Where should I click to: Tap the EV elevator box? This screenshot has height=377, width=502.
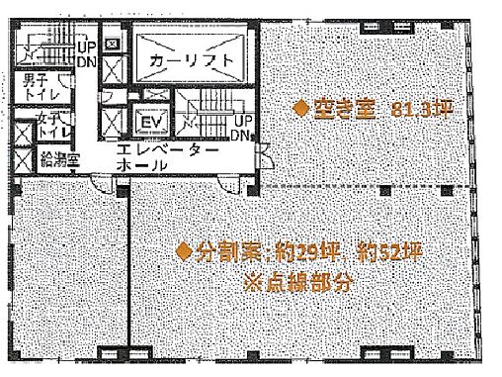pyautogui.click(x=151, y=123)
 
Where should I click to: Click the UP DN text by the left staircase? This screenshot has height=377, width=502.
pyautogui.click(x=87, y=53)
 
